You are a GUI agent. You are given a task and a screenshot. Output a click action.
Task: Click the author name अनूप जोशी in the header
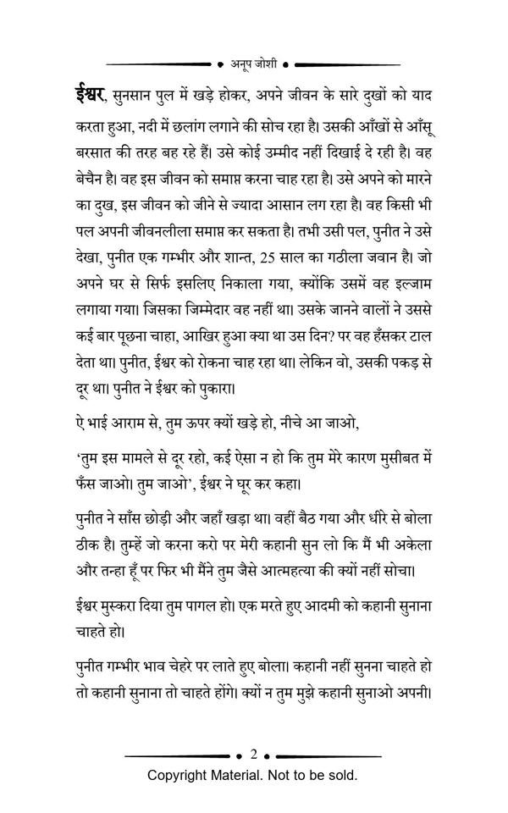pos(254,63)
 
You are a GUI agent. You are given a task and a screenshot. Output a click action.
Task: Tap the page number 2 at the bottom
pos(254,754)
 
